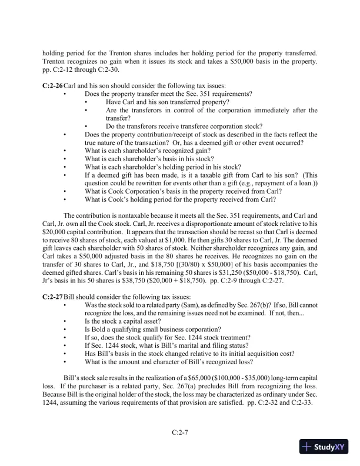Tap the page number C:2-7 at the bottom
[180, 432]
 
